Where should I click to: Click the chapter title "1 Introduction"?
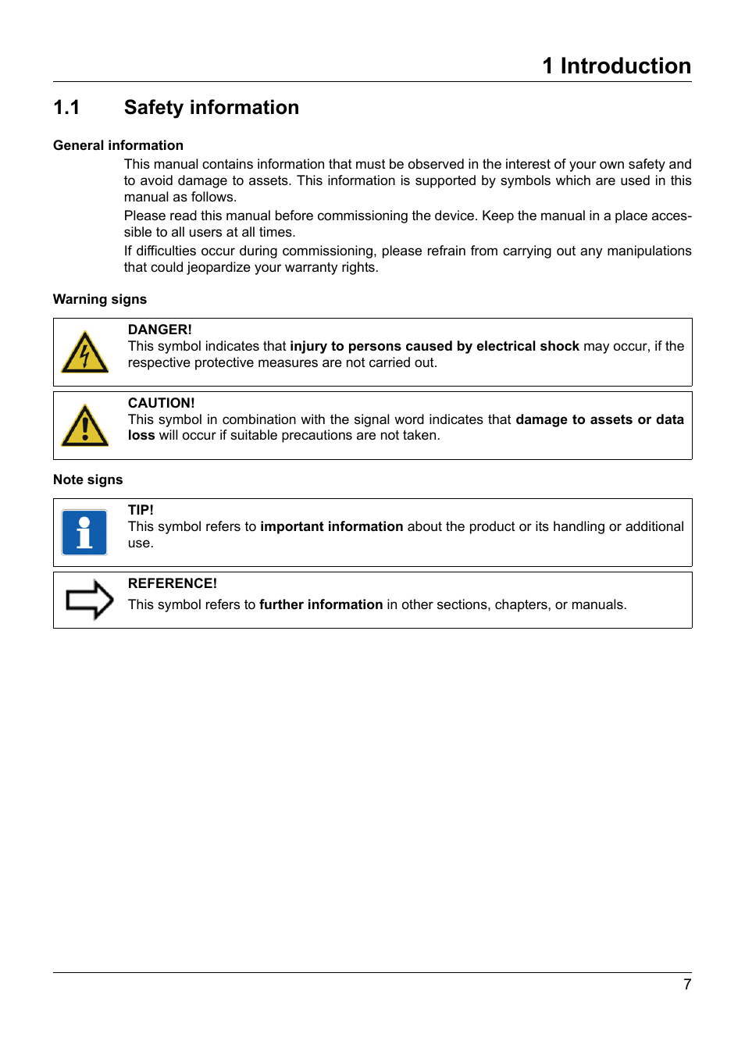616,66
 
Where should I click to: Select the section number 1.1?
66,108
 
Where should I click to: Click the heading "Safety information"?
211,108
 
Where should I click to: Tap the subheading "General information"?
118,145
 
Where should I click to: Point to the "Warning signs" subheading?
100,299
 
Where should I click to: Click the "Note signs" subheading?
87,479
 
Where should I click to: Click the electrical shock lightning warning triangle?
84,353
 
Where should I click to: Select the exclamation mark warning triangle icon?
84,426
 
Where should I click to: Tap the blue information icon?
84,533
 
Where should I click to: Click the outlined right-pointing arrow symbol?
89,600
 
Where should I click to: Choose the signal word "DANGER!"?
159,330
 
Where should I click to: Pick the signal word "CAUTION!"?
161,403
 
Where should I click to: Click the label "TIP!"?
141,510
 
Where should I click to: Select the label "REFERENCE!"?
172,583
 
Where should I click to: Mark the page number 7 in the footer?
687,985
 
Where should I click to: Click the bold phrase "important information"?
331,526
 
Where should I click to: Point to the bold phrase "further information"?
321,604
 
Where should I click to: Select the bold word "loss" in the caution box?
141,435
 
